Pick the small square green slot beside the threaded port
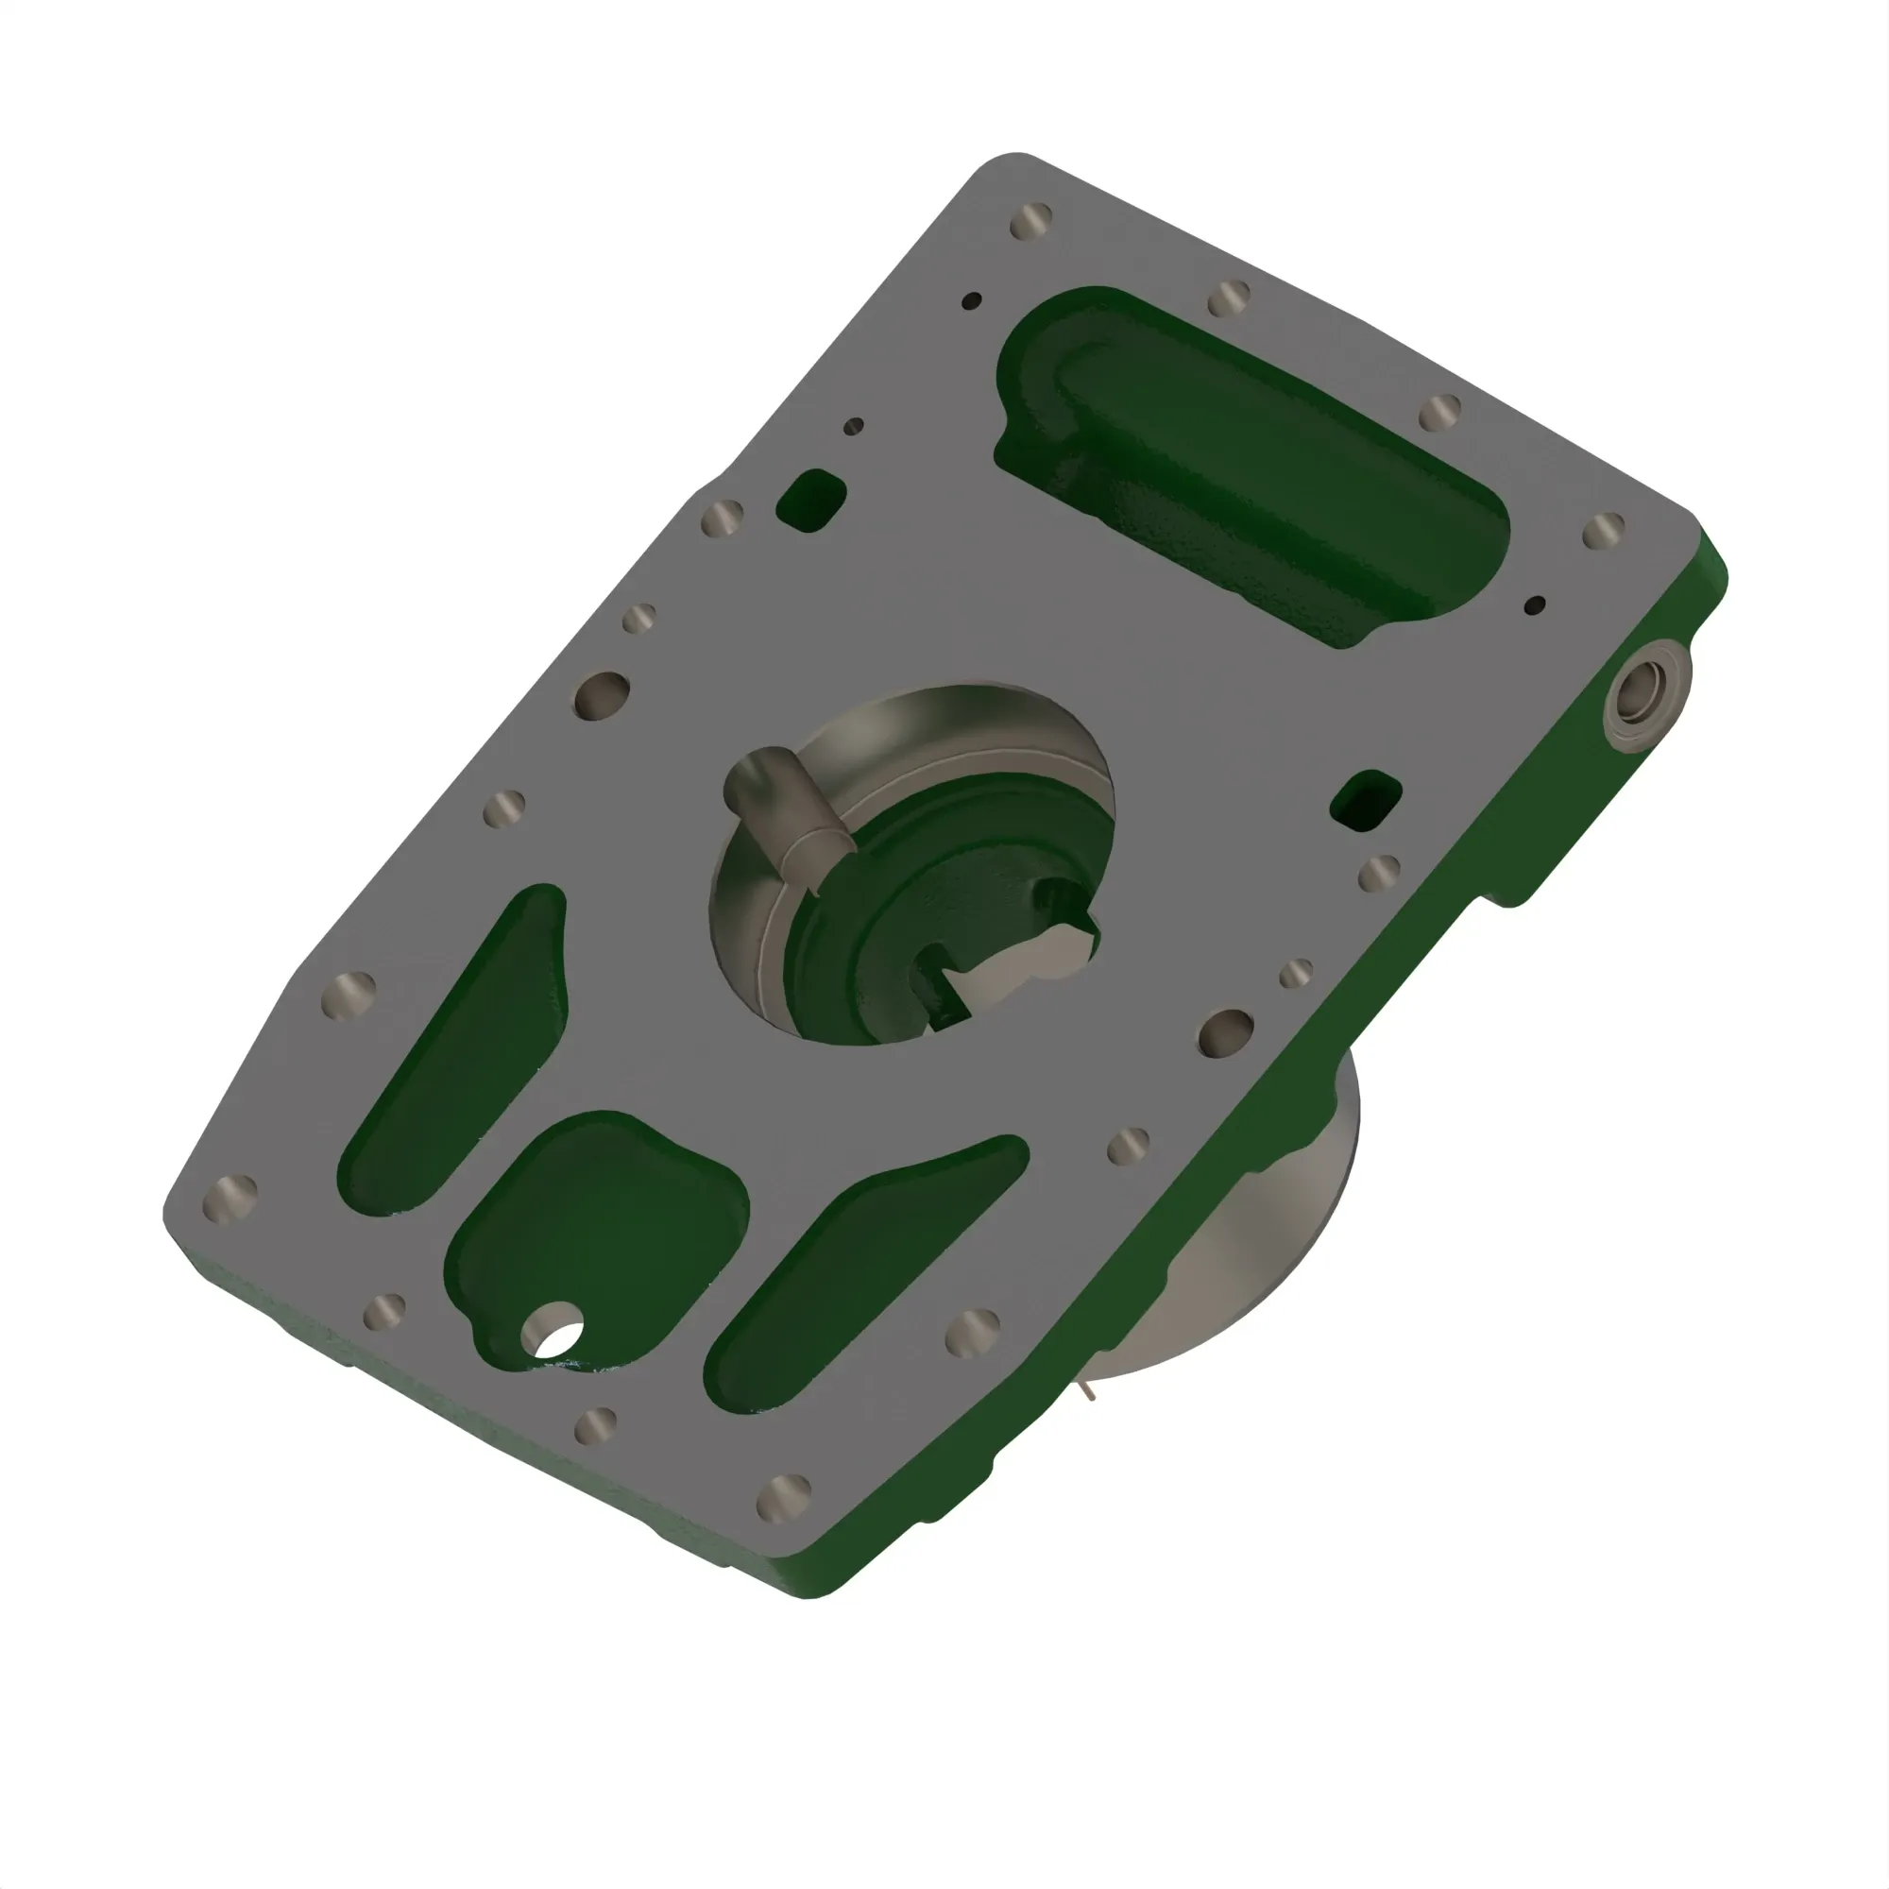pyautogui.click(x=1367, y=800)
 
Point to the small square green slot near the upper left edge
pyautogui.click(x=810, y=500)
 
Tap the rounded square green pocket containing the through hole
pyautogui.click(x=596, y=1232)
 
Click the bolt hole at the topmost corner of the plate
pyautogui.click(x=1030, y=222)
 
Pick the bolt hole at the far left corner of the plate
pyautogui.click(x=230, y=1199)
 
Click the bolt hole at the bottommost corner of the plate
pyautogui.click(x=783, y=1497)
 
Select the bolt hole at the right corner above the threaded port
pyautogui.click(x=1604, y=531)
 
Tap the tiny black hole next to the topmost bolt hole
pyautogui.click(x=972, y=300)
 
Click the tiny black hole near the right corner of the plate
pyautogui.click(x=1535, y=605)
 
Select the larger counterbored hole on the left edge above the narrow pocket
pyautogui.click(x=601, y=695)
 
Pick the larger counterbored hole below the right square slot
pyautogui.click(x=1225, y=1032)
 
